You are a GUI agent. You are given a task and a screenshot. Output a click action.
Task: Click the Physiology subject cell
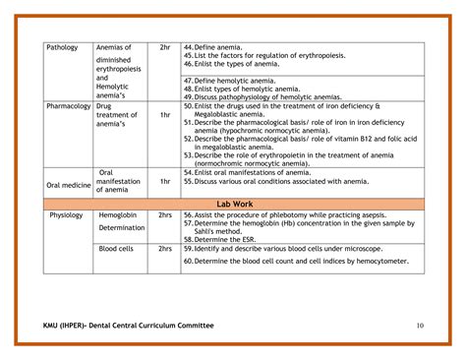coord(66,214)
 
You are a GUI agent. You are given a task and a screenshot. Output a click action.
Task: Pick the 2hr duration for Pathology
coord(164,47)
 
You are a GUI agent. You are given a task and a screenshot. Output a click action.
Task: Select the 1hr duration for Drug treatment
coord(164,115)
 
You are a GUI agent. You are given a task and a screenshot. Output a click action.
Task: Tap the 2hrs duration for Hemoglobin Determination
coord(164,214)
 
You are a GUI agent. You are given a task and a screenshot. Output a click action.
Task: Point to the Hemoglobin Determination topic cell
coord(121,220)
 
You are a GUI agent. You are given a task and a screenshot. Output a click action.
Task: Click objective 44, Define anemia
coord(222,47)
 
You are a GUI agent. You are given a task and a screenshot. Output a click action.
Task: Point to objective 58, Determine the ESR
coord(226,239)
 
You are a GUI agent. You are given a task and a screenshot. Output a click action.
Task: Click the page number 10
coord(420,327)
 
